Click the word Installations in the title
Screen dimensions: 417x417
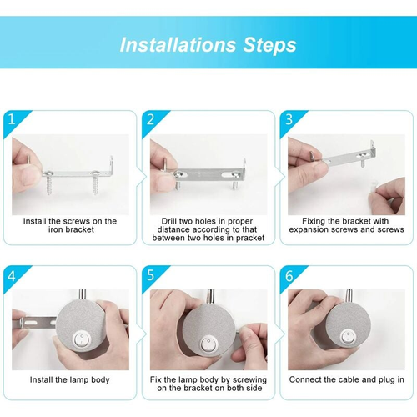[x=178, y=45]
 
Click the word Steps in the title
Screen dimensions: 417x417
[x=269, y=45]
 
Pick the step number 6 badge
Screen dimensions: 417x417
[x=289, y=276]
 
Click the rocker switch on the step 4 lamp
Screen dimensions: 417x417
[x=82, y=339]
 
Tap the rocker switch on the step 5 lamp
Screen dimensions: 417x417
[x=207, y=344]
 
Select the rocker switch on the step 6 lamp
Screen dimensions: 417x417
[x=347, y=337]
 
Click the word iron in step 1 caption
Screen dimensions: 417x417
[x=54, y=229]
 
